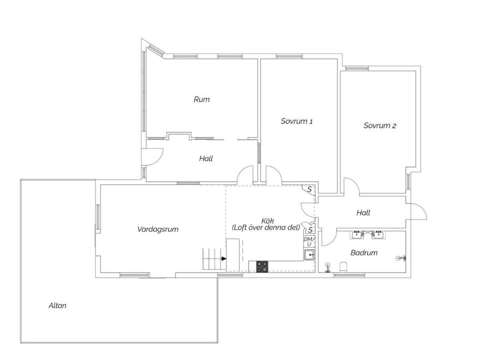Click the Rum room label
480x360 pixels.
(x=201, y=99)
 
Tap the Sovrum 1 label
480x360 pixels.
(x=296, y=121)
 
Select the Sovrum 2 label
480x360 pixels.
(x=380, y=125)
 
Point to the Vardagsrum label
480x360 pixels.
(x=157, y=229)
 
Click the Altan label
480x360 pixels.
(x=57, y=305)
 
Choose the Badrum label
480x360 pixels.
(x=364, y=252)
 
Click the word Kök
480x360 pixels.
(x=267, y=220)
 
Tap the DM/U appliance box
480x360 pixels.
(x=309, y=241)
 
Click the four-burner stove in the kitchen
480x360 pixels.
(x=262, y=266)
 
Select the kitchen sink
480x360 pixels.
(x=309, y=254)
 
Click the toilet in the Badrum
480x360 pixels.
(x=344, y=266)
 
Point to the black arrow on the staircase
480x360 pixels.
(x=224, y=258)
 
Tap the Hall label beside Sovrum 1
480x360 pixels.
(x=206, y=158)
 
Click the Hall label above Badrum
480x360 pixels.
(x=363, y=212)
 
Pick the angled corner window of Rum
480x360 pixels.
(x=156, y=51)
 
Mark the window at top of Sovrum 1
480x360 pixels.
(x=289, y=56)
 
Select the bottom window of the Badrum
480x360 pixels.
(x=349, y=275)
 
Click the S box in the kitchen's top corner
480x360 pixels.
(x=309, y=189)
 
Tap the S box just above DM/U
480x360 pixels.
(x=309, y=228)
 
